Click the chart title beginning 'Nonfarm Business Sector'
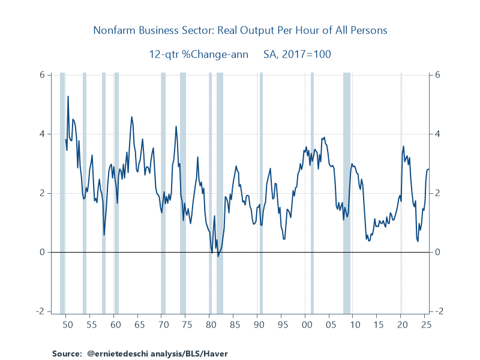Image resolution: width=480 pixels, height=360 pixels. pyautogui.click(x=240, y=30)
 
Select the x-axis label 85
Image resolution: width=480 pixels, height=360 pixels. pyautogui.click(x=234, y=325)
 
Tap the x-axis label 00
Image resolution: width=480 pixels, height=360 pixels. pyautogui.click(x=306, y=325)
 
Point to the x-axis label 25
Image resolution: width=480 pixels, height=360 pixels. pyautogui.click(x=425, y=325)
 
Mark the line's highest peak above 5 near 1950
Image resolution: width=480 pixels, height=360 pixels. pyautogui.click(x=68, y=97)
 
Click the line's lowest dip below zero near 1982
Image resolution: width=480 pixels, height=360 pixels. pyautogui.click(x=218, y=256)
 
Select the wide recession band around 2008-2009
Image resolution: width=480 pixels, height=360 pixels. pyautogui.click(x=347, y=192)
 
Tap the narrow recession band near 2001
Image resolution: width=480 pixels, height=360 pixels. pyautogui.click(x=312, y=192)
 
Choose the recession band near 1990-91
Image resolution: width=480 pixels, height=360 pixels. pyautogui.click(x=261, y=192)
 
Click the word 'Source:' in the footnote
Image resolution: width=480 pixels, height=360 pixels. pyautogui.click(x=66, y=353)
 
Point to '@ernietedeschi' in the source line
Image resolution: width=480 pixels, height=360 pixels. pyautogui.click(x=112, y=353)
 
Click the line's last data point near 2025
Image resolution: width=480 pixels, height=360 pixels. pyautogui.click(x=428, y=169)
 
